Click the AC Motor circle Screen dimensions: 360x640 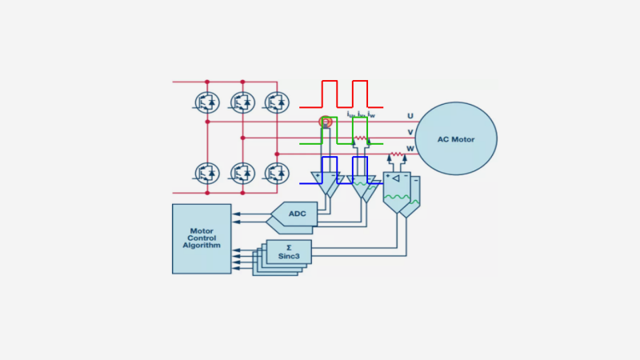point(455,138)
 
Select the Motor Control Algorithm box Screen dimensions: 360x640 point(202,238)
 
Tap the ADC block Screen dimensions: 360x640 point(295,214)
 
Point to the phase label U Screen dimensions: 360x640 point(410,117)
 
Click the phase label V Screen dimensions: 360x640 point(410,132)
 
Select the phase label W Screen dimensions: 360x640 point(410,148)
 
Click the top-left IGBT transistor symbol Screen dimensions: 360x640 point(207,102)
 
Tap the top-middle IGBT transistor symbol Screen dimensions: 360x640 point(242,102)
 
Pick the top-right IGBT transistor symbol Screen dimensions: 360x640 point(277,102)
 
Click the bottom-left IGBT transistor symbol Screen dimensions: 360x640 point(207,172)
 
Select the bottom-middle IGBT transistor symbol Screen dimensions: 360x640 point(242,172)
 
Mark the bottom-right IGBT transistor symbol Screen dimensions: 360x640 point(277,172)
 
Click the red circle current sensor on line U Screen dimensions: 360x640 point(326,122)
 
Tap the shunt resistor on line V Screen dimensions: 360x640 point(361,138)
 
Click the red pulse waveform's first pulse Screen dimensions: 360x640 point(330,94)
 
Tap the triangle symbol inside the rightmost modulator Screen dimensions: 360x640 point(395,178)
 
